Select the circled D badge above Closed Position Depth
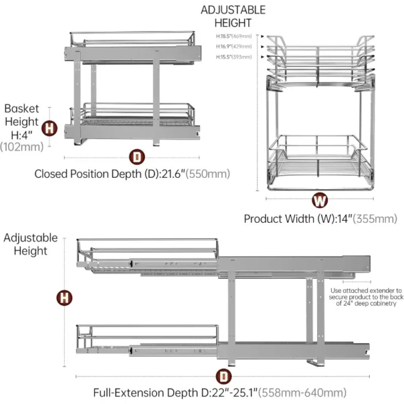(x=137, y=156)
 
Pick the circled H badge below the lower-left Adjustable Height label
(x=65, y=297)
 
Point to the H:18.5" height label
(x=233, y=36)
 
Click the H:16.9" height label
(x=233, y=46)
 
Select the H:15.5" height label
(x=233, y=57)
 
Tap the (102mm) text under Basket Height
(x=22, y=145)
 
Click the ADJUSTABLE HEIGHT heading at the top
(x=233, y=16)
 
